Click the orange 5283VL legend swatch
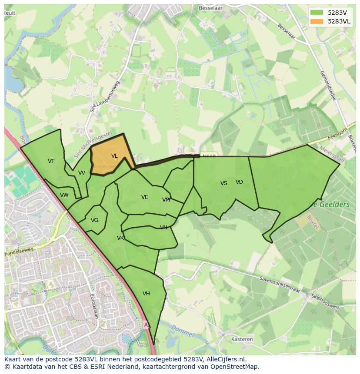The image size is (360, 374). click(x=317, y=21)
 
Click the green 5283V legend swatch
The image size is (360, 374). click(x=317, y=13)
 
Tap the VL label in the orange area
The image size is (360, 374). click(x=114, y=156)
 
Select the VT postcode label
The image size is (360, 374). click(x=51, y=161)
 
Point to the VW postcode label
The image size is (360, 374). click(x=64, y=195)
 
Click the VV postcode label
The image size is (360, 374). click(x=82, y=173)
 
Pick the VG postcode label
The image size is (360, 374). click(x=95, y=220)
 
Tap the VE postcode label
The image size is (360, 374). click(x=145, y=197)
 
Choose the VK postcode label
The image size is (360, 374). click(x=120, y=238)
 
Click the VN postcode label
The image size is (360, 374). click(x=163, y=228)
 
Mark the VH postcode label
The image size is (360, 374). click(x=146, y=294)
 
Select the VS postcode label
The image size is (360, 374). click(x=224, y=183)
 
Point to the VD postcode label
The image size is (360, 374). click(x=239, y=182)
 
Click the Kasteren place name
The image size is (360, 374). click(x=242, y=339)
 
